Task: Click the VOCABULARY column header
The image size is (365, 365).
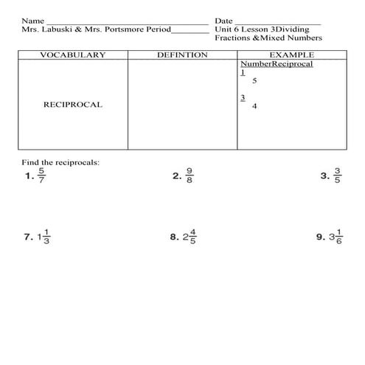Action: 72,55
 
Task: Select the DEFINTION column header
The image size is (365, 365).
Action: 181,55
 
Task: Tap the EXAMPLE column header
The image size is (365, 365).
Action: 291,55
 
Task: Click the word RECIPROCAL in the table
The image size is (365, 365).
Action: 72,105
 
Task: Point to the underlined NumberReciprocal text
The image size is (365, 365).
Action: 277,64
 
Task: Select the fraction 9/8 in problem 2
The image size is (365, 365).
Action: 190,177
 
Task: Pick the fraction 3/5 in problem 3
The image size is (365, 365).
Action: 338,177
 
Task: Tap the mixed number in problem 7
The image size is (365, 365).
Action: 44,237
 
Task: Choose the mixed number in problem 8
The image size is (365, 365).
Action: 190,237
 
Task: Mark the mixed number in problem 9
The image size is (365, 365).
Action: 336,237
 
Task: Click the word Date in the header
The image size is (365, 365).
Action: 223,21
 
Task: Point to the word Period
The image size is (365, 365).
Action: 154,29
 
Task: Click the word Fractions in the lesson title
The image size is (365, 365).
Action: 232,38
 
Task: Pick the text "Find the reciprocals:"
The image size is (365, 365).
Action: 60,161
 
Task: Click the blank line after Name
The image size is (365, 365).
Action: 125,23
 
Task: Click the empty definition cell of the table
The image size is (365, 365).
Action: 181,103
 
